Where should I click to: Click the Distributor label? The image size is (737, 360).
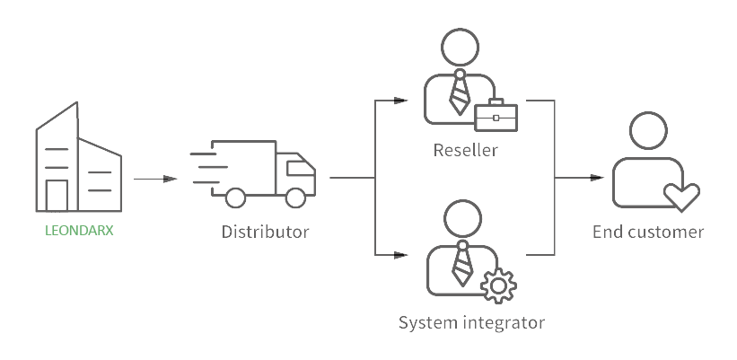point(265,232)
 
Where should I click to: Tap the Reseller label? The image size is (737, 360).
point(464,149)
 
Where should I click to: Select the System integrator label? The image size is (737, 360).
point(471,320)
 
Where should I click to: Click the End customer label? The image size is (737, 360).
point(648,232)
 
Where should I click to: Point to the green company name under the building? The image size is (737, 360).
point(80,231)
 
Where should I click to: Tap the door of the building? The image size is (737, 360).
point(57,194)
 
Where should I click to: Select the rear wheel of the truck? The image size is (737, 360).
point(236,196)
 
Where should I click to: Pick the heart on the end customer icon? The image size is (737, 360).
point(680,195)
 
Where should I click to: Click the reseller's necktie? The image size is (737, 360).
point(459,92)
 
